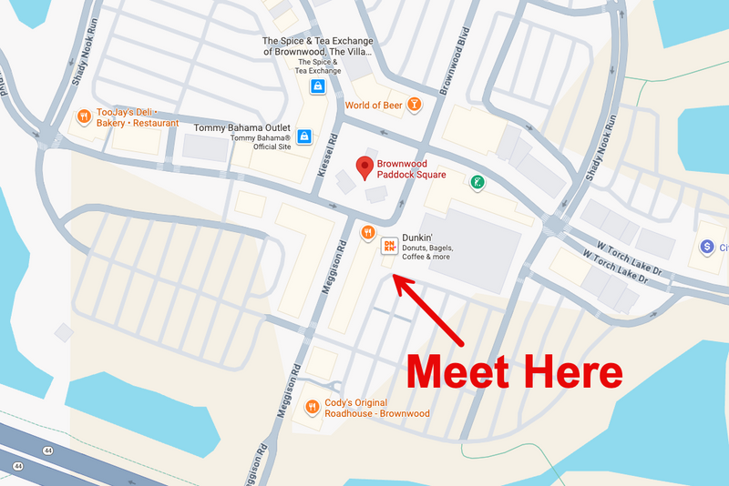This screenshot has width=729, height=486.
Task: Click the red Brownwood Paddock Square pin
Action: click(x=364, y=167)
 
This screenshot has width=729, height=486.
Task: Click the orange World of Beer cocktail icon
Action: click(x=415, y=106)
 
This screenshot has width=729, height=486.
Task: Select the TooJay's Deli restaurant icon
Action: click(x=82, y=116)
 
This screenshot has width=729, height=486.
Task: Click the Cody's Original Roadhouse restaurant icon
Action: click(x=313, y=407)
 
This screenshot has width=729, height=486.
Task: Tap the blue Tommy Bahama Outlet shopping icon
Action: click(x=303, y=137)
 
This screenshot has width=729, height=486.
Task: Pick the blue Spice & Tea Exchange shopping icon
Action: click(x=317, y=86)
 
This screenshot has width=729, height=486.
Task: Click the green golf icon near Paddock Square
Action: click(x=476, y=183)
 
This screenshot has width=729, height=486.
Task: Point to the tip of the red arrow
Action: click(x=394, y=275)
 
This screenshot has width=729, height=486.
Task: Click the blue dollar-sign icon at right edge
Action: click(x=705, y=247)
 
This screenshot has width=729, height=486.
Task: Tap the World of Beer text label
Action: click(x=375, y=106)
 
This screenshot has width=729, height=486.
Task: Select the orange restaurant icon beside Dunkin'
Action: click(x=367, y=232)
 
